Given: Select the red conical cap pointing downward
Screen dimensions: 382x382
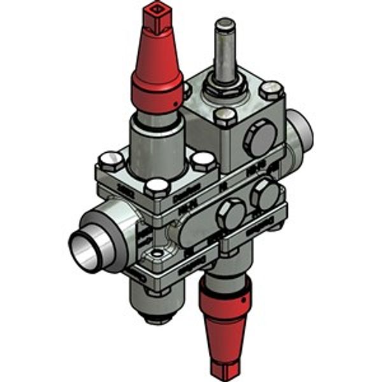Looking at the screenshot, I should tap(225, 318).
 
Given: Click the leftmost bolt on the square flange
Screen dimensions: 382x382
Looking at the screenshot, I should tap(111, 159).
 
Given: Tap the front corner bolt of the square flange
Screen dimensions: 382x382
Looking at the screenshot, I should tap(157, 187).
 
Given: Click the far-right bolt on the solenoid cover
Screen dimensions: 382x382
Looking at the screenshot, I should tap(272, 90).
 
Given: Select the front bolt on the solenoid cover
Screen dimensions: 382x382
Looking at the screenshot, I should tap(225, 117).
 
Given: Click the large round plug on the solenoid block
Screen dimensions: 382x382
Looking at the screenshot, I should tap(260, 138).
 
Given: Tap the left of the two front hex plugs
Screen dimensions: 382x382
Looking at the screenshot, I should tap(230, 215).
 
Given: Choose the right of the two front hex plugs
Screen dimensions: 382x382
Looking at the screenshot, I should tap(264, 194).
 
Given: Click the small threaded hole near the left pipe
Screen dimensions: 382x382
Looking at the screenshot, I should tap(153, 257).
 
